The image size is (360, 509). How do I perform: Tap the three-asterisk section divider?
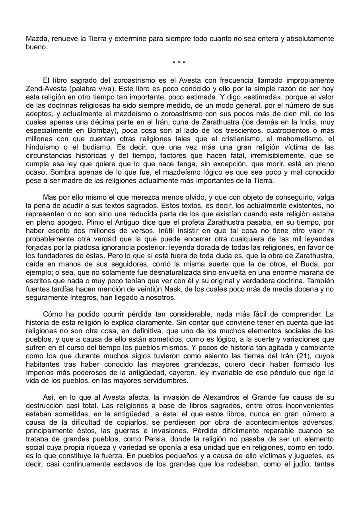(x=179, y=63)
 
